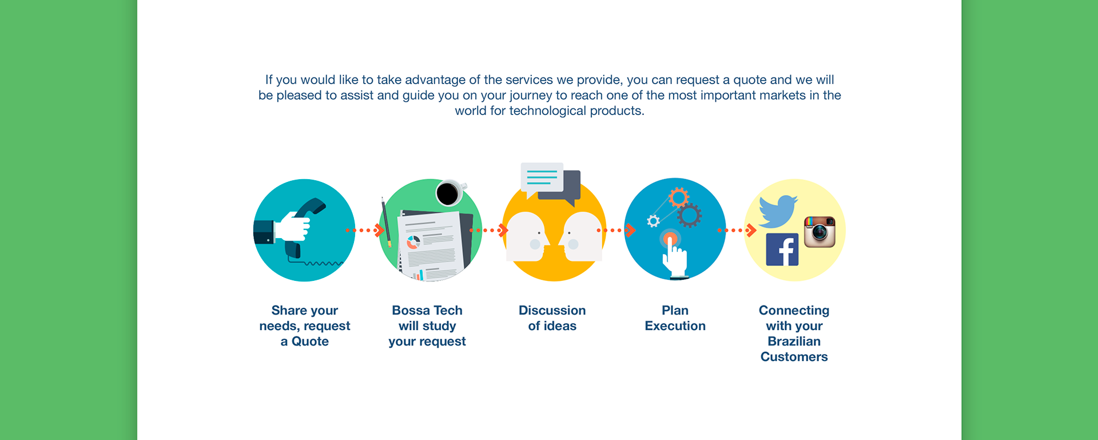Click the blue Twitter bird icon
[777, 211]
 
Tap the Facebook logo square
[782, 249]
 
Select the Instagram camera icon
[819, 232]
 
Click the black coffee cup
[448, 193]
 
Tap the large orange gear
[678, 198]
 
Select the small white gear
[653, 221]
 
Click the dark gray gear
[689, 216]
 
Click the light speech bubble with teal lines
[542, 177]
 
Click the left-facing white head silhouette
[582, 236]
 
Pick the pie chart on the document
[413, 242]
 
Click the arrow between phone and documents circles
[366, 230]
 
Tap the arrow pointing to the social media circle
[738, 230]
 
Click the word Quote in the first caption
[310, 342]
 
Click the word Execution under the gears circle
[675, 326]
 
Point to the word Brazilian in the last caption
[794, 342]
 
